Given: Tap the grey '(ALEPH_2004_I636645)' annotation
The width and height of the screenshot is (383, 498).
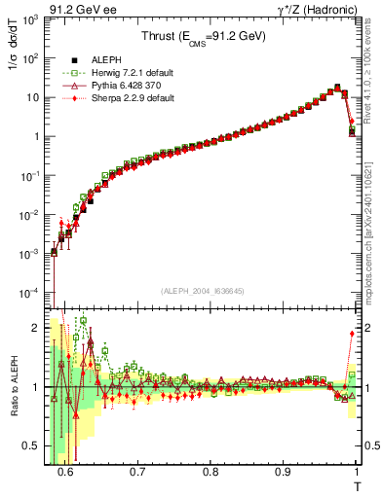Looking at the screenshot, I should click(202, 290).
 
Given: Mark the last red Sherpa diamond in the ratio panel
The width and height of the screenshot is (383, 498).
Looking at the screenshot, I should click(352, 334).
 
